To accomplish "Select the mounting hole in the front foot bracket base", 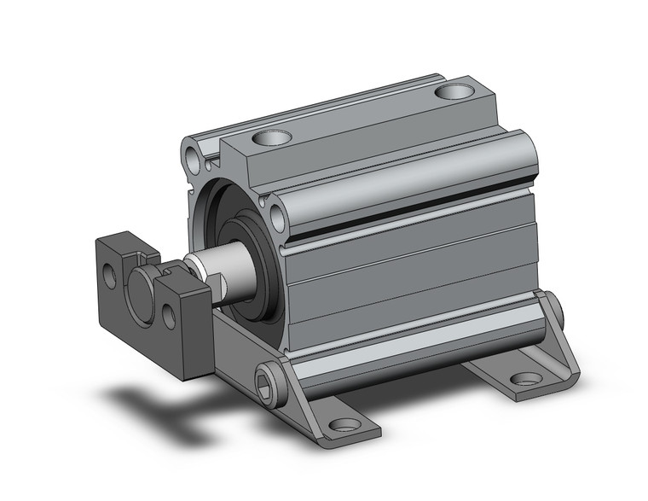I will (344, 424).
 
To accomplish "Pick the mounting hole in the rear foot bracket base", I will (523, 381).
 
